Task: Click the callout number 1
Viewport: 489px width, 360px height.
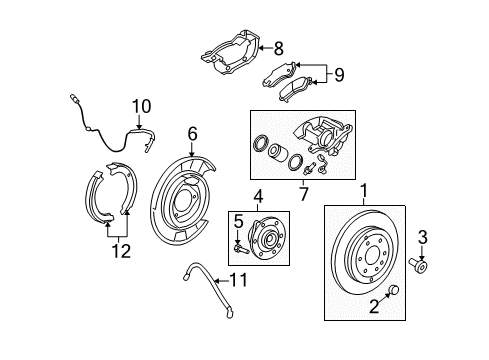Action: (364, 188)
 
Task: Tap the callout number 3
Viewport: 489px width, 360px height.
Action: (423, 237)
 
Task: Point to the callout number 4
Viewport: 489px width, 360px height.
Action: (257, 197)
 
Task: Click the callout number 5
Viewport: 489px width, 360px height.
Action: (239, 218)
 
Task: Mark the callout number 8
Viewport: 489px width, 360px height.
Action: (279, 47)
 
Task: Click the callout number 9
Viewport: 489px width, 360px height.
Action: (338, 73)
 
